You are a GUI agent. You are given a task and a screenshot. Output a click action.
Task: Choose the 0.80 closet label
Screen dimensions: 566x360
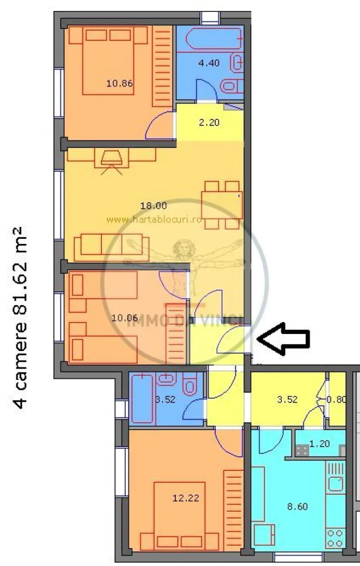337,398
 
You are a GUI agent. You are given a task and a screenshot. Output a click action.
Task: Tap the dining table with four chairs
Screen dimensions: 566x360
222,204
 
